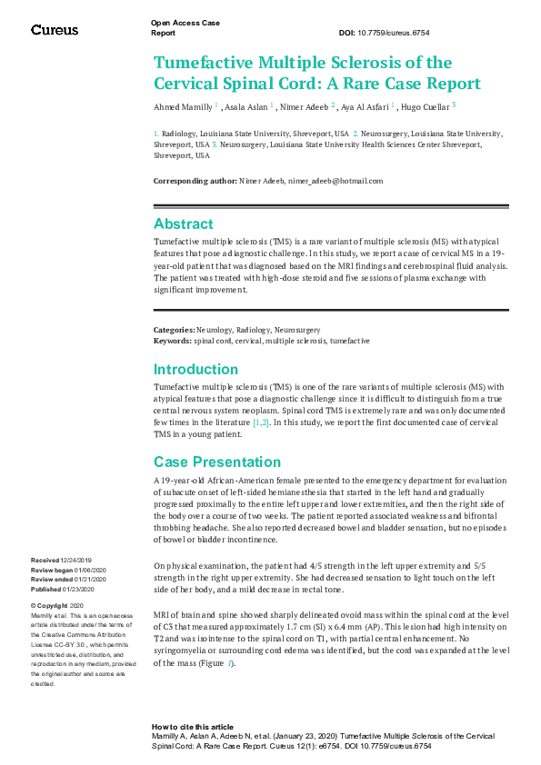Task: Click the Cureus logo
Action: pyautogui.click(x=55, y=30)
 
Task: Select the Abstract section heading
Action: pyautogui.click(x=184, y=224)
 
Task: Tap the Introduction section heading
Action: pyautogui.click(x=195, y=369)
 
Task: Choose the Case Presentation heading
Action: pyautogui.click(x=217, y=462)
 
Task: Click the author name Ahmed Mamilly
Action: pyautogui.click(x=183, y=106)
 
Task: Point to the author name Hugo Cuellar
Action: pyautogui.click(x=426, y=106)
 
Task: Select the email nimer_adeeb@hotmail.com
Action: pyautogui.click(x=336, y=181)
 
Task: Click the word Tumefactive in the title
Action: pyautogui.click(x=206, y=63)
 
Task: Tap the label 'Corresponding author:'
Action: pyautogui.click(x=195, y=181)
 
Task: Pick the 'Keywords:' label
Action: pyautogui.click(x=173, y=340)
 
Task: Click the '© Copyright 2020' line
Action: pyautogui.click(x=57, y=605)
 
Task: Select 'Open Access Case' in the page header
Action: pyautogui.click(x=178, y=21)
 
